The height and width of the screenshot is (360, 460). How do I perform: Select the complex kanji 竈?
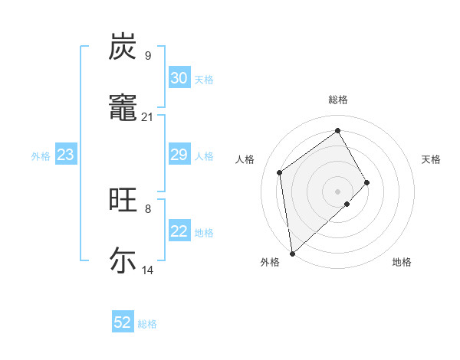pos(123,109)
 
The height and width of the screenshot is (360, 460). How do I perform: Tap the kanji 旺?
pos(123,201)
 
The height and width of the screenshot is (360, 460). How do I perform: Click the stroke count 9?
pos(147,55)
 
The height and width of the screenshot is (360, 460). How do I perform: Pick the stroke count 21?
pos(147,116)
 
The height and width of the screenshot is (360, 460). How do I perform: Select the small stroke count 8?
pos(147,208)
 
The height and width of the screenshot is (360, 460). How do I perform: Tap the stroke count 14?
pos(147,270)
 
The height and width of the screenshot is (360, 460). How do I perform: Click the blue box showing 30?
pos(179,78)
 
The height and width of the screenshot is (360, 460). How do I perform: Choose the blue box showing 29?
pos(179,155)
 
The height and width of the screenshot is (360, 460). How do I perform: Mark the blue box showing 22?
pos(179,231)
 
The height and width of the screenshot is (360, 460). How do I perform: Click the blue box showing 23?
pos(66,155)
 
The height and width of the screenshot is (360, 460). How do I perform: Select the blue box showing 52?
pos(123,322)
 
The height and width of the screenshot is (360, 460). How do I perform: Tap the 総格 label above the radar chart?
pos(337,100)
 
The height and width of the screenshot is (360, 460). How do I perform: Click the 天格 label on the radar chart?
pos(431,159)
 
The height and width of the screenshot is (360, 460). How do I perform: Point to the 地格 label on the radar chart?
pos(402,263)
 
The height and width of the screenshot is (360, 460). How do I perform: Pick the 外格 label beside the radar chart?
pos(269,263)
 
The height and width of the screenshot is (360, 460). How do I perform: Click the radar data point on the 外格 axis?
pos(292,253)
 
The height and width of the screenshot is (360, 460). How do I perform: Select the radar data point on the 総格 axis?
pos(337,131)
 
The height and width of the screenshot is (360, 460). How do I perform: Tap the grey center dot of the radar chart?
pos(337,190)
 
